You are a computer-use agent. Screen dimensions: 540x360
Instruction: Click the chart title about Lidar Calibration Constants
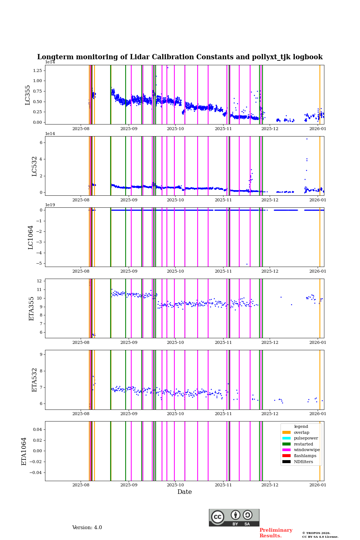[x=180, y=57]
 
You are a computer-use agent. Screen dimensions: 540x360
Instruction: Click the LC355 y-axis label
[x=28, y=95]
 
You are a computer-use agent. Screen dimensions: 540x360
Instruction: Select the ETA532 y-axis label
[x=34, y=380]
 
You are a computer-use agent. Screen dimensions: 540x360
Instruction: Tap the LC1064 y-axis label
[x=31, y=237]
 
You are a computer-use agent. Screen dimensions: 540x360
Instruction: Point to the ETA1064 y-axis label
[x=24, y=451]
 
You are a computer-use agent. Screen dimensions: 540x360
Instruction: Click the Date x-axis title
[x=184, y=492]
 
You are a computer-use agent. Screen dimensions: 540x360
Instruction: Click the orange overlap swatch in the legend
[x=286, y=432]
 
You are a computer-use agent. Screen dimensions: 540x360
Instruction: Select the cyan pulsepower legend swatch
[x=286, y=438]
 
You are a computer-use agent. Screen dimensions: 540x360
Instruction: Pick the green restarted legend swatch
[x=286, y=444]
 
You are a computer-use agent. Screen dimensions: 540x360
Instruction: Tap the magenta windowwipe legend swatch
[x=286, y=450]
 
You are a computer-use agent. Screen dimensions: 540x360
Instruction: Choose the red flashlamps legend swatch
[x=286, y=456]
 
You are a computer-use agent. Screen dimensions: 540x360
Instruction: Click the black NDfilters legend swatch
[x=286, y=462]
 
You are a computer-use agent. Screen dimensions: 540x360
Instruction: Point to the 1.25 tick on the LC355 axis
[x=37, y=70]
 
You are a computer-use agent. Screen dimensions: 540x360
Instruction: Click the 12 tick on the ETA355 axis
[x=39, y=281]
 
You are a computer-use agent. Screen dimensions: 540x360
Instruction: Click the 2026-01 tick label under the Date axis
[x=318, y=485]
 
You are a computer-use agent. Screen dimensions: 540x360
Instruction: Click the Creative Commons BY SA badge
[x=234, y=517]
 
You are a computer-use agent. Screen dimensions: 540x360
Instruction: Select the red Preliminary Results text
[x=276, y=533]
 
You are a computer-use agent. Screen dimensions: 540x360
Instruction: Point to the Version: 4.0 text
[x=87, y=528]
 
